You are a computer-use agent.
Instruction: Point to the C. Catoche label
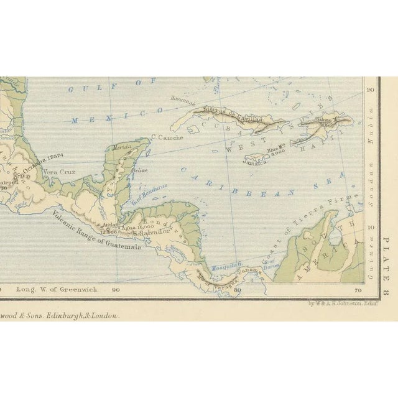tap(167, 138)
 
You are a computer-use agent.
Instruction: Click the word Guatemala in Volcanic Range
tap(122, 241)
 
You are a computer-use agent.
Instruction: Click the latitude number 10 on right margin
tap(371, 228)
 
